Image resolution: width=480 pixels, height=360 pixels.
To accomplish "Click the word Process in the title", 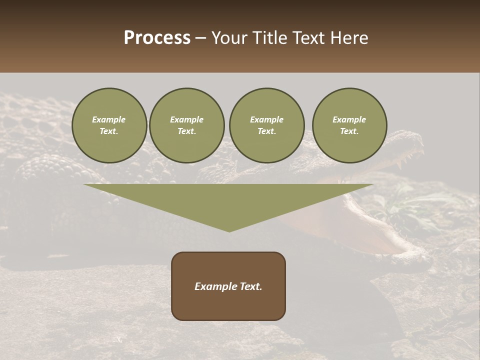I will click(x=157, y=38).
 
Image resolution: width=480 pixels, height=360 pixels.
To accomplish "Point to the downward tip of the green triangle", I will click(x=229, y=229).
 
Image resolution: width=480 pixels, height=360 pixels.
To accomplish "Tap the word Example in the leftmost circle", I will click(x=109, y=119).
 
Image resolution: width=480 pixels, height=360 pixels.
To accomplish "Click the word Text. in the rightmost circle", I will click(x=349, y=131).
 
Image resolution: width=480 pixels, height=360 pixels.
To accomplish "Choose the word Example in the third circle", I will click(x=266, y=119).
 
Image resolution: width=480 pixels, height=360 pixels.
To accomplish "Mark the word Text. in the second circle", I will click(x=187, y=131).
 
